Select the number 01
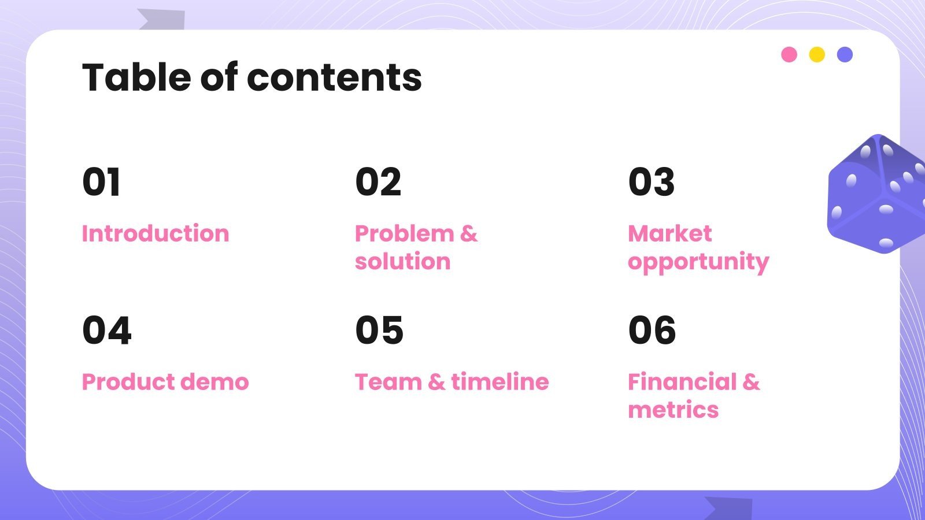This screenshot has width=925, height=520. pyautogui.click(x=102, y=183)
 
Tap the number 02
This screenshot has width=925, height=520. pyautogui.click(x=378, y=183)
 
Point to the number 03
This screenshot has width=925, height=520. pyautogui.click(x=652, y=183)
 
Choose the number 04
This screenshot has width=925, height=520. pyautogui.click(x=107, y=330)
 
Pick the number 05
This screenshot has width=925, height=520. pyautogui.click(x=379, y=330)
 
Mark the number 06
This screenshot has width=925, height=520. pyautogui.click(x=652, y=330)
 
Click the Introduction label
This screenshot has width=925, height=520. pyautogui.click(x=156, y=233)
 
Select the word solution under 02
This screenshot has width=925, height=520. pyautogui.click(x=402, y=262)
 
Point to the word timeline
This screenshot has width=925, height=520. pyautogui.click(x=500, y=382)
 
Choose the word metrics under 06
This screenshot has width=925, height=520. pyautogui.click(x=673, y=410)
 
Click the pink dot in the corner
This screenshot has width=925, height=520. pyautogui.click(x=789, y=55)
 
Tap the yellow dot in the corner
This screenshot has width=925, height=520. pyautogui.click(x=817, y=55)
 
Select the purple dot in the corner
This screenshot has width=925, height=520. pyautogui.click(x=845, y=55)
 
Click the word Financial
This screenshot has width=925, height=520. pyautogui.click(x=682, y=382)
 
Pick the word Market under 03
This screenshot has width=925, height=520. pyautogui.click(x=669, y=233)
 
